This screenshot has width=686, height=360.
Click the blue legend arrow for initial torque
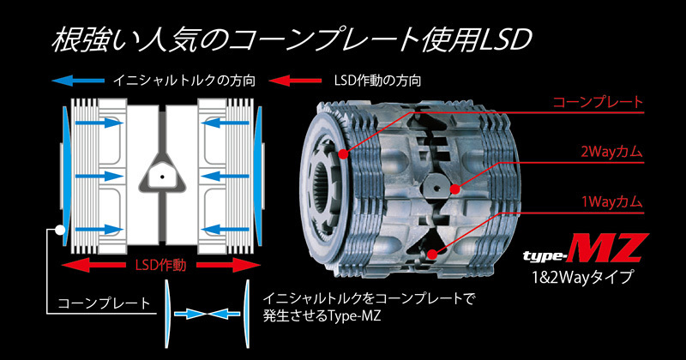tap(78, 81)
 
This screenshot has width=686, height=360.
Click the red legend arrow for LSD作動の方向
tap(295, 81)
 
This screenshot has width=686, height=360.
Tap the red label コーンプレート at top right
tap(598, 102)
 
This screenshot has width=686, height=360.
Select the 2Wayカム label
tap(611, 152)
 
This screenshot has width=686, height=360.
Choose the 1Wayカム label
tap(612, 201)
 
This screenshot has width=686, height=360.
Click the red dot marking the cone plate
tap(344, 154)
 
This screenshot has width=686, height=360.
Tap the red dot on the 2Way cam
tap(455, 189)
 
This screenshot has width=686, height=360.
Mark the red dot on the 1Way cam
tap(432, 254)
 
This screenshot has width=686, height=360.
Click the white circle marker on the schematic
tap(60, 230)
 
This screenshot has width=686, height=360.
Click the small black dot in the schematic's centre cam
tap(162, 177)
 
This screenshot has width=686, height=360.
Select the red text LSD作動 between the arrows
tap(160, 265)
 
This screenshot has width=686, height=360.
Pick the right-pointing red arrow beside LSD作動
tap(228, 265)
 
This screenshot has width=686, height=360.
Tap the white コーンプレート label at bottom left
tap(104, 303)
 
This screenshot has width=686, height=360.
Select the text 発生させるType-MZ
tap(322, 315)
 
